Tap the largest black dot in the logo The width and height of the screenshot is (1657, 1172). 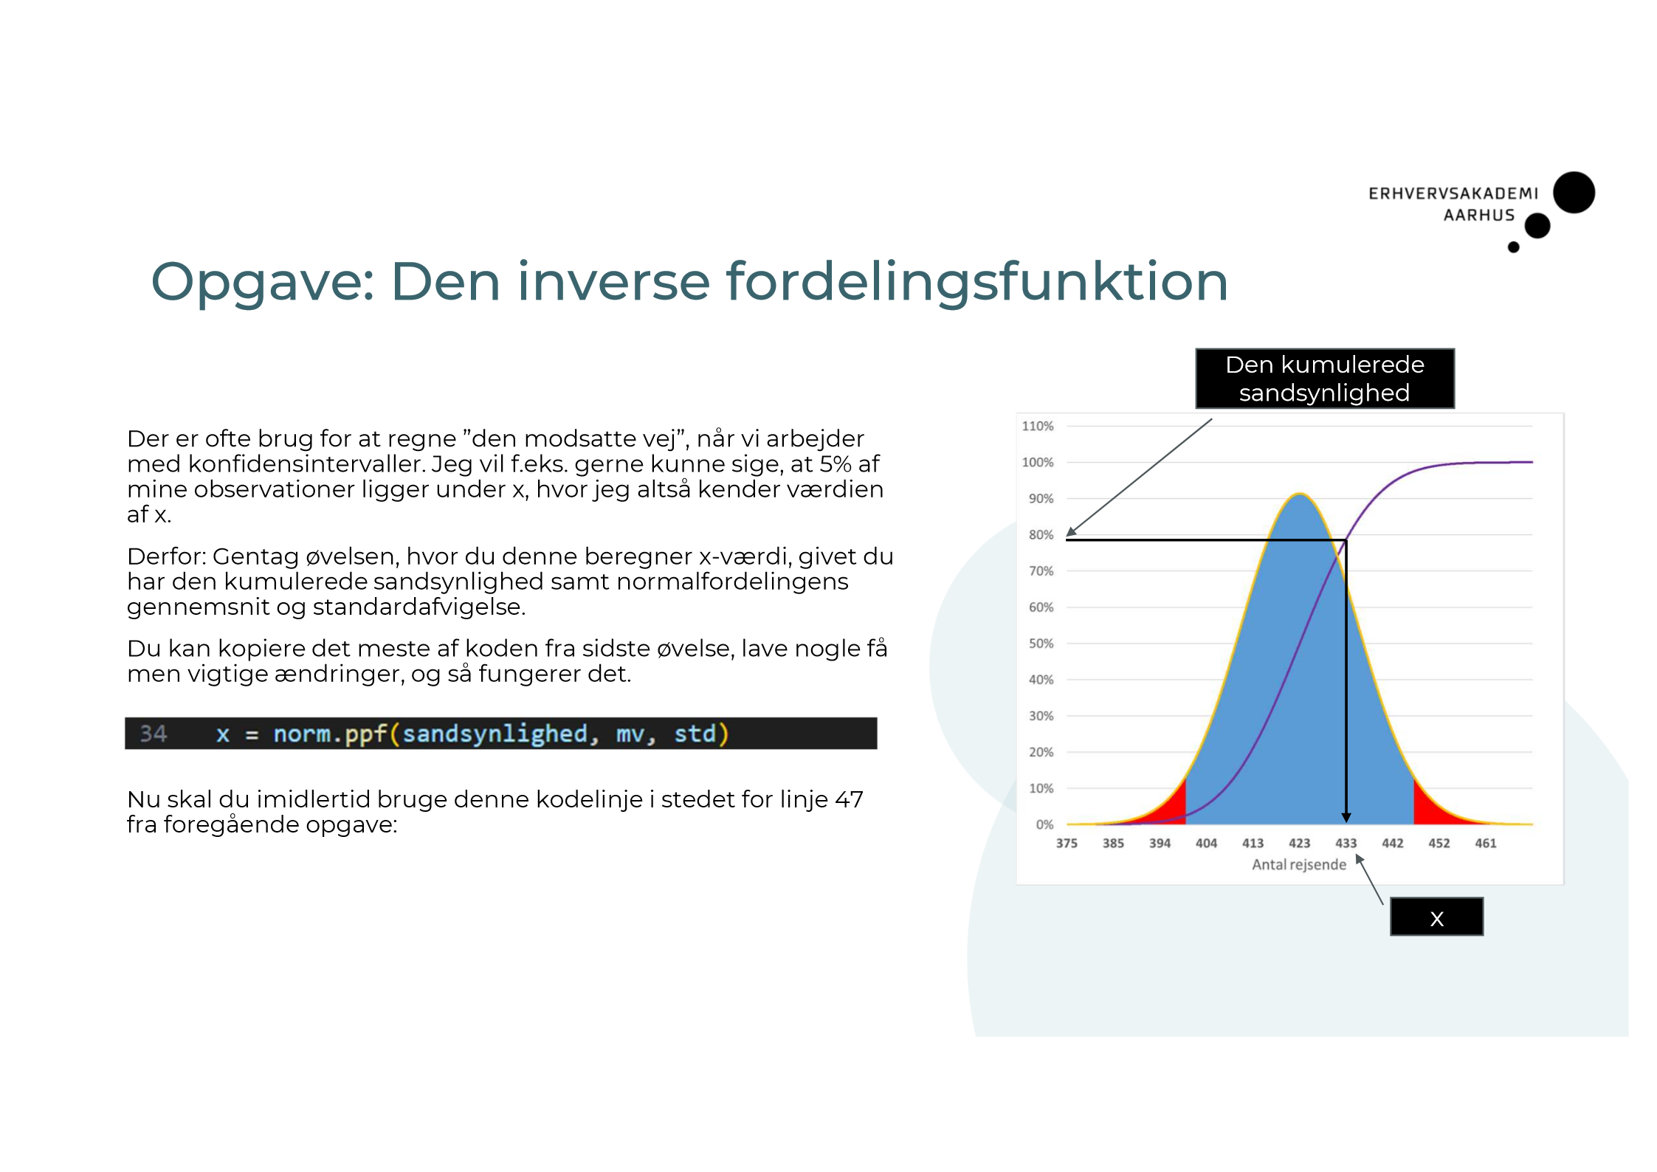click(x=1574, y=193)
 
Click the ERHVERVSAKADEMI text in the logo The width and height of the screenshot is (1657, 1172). click(x=1453, y=193)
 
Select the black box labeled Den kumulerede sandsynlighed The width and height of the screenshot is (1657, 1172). click(x=1324, y=379)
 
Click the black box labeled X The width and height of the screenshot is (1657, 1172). click(x=1436, y=917)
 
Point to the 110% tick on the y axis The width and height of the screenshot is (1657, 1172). click(x=1037, y=426)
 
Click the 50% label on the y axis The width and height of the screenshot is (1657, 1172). click(x=1041, y=644)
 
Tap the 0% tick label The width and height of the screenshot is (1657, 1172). click(x=1044, y=824)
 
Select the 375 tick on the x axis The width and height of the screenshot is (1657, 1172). click(x=1066, y=843)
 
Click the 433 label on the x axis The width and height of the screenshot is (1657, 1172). click(x=1346, y=843)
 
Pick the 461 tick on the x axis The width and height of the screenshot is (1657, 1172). click(x=1485, y=843)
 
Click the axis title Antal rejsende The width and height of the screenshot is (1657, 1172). click(x=1298, y=864)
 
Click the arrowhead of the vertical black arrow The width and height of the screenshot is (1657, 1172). click(x=1346, y=818)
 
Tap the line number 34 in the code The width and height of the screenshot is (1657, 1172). click(x=154, y=734)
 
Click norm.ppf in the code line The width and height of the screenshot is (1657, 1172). click(x=330, y=734)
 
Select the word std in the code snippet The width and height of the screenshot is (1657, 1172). click(x=695, y=734)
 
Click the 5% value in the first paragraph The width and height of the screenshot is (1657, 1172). click(x=835, y=464)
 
